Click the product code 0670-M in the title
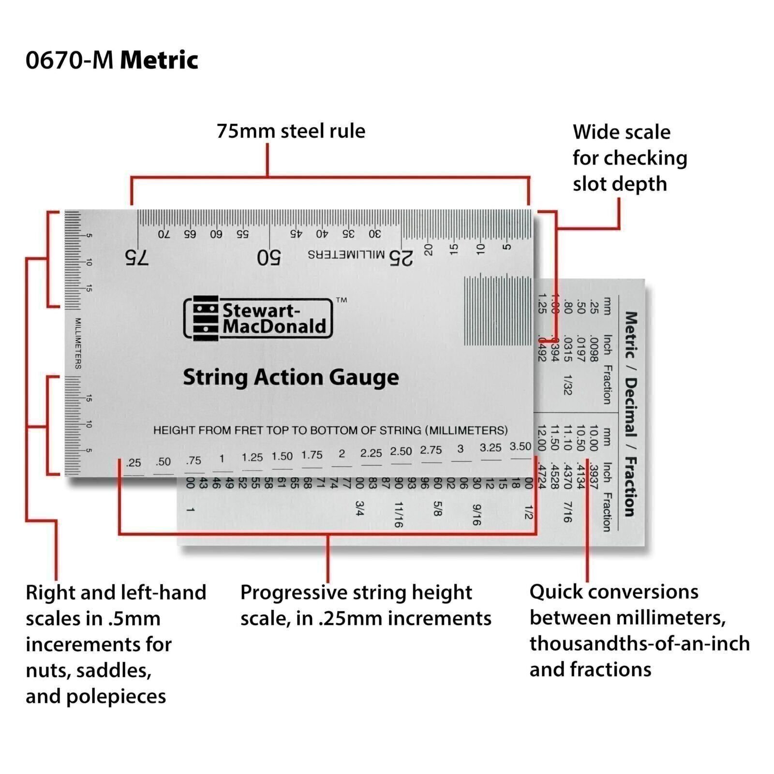69,61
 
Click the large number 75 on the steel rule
137,257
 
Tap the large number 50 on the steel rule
268,257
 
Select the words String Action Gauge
291,377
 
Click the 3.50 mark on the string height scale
520,447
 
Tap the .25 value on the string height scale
133,463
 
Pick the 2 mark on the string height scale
342,454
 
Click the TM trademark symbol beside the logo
342,300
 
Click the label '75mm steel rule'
291,131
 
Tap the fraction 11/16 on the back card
398,514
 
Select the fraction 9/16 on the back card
476,515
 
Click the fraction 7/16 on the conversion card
567,512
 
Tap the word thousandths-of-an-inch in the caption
640,644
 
